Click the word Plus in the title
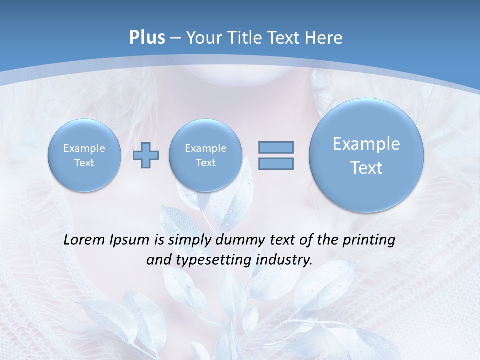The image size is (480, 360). tap(147, 38)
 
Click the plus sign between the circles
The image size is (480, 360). tap(146, 155)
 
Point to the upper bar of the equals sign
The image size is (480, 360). tap(276, 147)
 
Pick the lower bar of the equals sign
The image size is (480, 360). tap(276, 163)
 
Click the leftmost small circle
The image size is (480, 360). tap(84, 155)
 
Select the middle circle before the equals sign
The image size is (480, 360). tap(205, 155)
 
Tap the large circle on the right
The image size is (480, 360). tap(366, 155)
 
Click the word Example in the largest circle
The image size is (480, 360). tap(366, 144)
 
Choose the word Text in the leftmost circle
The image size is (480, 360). tap(84, 163)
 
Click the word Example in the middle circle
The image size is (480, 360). tap(205, 148)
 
